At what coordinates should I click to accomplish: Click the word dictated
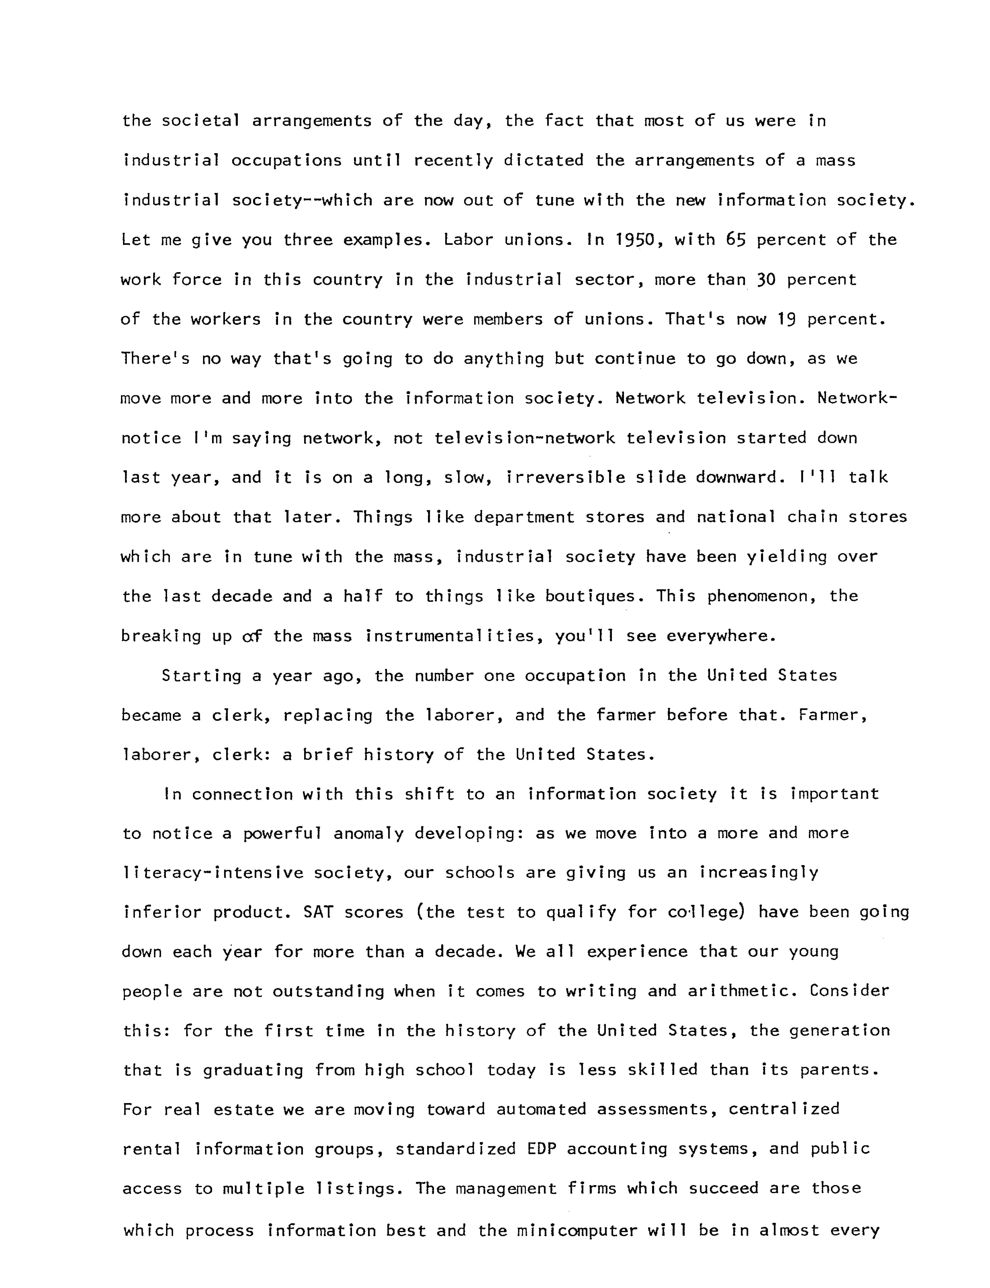tap(543, 160)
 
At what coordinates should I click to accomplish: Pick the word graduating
tap(253, 1070)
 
